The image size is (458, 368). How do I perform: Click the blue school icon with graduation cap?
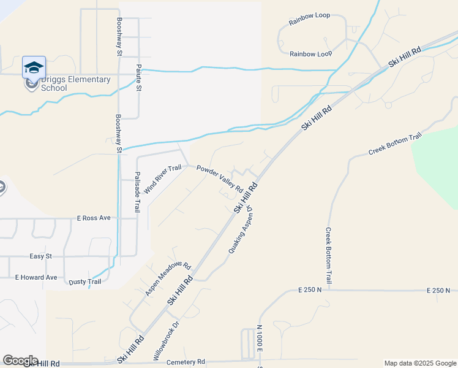pos(34,67)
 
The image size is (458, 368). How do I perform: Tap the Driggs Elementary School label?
pos(75,83)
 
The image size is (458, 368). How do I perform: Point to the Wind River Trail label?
pos(163,178)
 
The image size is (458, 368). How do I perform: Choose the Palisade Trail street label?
pos(137,197)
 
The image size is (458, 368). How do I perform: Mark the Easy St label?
pos(42,256)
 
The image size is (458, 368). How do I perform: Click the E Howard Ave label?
pos(36,277)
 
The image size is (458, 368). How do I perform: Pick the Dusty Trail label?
pos(84,282)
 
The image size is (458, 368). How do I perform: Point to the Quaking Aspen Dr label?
pos(241,231)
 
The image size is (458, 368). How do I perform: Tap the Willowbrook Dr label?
pos(165,340)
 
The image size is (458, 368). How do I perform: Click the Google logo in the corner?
pos(20,361)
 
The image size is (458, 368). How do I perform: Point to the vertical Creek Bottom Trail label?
pos(329,255)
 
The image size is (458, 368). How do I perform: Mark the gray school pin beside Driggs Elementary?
pos(30,83)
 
